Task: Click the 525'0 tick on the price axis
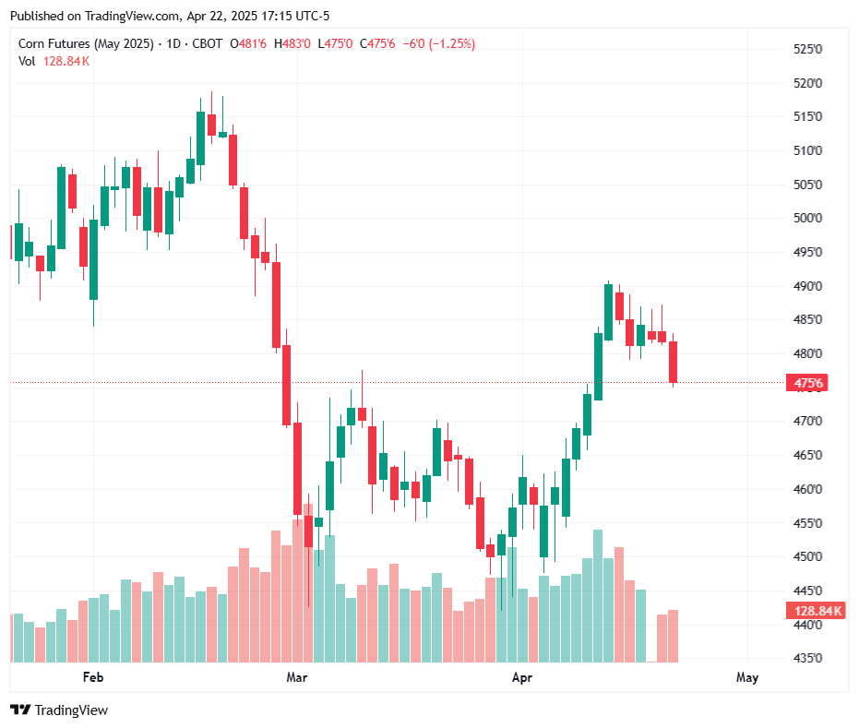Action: click(x=808, y=49)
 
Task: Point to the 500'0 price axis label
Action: click(x=808, y=218)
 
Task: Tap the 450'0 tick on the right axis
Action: click(x=808, y=556)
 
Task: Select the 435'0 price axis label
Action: click(x=808, y=658)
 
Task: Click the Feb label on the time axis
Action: click(x=92, y=677)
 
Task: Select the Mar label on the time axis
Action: click(x=296, y=677)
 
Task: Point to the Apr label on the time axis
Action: click(x=522, y=677)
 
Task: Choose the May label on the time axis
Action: click(x=747, y=677)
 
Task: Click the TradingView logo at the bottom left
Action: click(x=59, y=710)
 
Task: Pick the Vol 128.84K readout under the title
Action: click(x=54, y=61)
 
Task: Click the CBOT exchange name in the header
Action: click(x=208, y=43)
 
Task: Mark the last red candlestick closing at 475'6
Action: click(x=674, y=362)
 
